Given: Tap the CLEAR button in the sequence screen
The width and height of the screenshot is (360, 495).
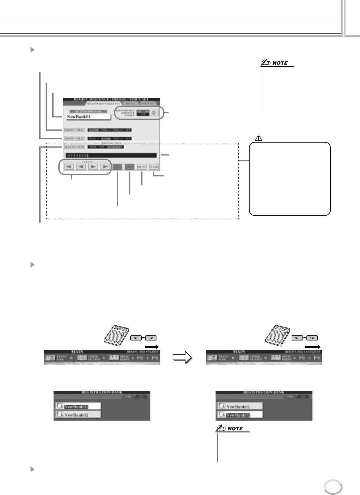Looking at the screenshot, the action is [154, 167].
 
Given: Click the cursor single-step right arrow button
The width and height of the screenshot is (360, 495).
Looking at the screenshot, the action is [93, 167].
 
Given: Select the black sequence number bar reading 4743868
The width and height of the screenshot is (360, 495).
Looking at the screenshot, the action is [110, 155].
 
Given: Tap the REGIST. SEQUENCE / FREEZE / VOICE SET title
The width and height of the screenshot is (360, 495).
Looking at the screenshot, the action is [111, 99].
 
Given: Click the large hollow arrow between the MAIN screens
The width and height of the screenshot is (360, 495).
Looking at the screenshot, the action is [182, 358].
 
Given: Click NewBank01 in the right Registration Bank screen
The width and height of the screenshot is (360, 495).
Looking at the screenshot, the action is [240, 406].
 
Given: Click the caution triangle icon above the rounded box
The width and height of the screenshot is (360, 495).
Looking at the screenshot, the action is [258, 138].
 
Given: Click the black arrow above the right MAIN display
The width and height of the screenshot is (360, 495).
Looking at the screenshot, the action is [313, 347].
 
